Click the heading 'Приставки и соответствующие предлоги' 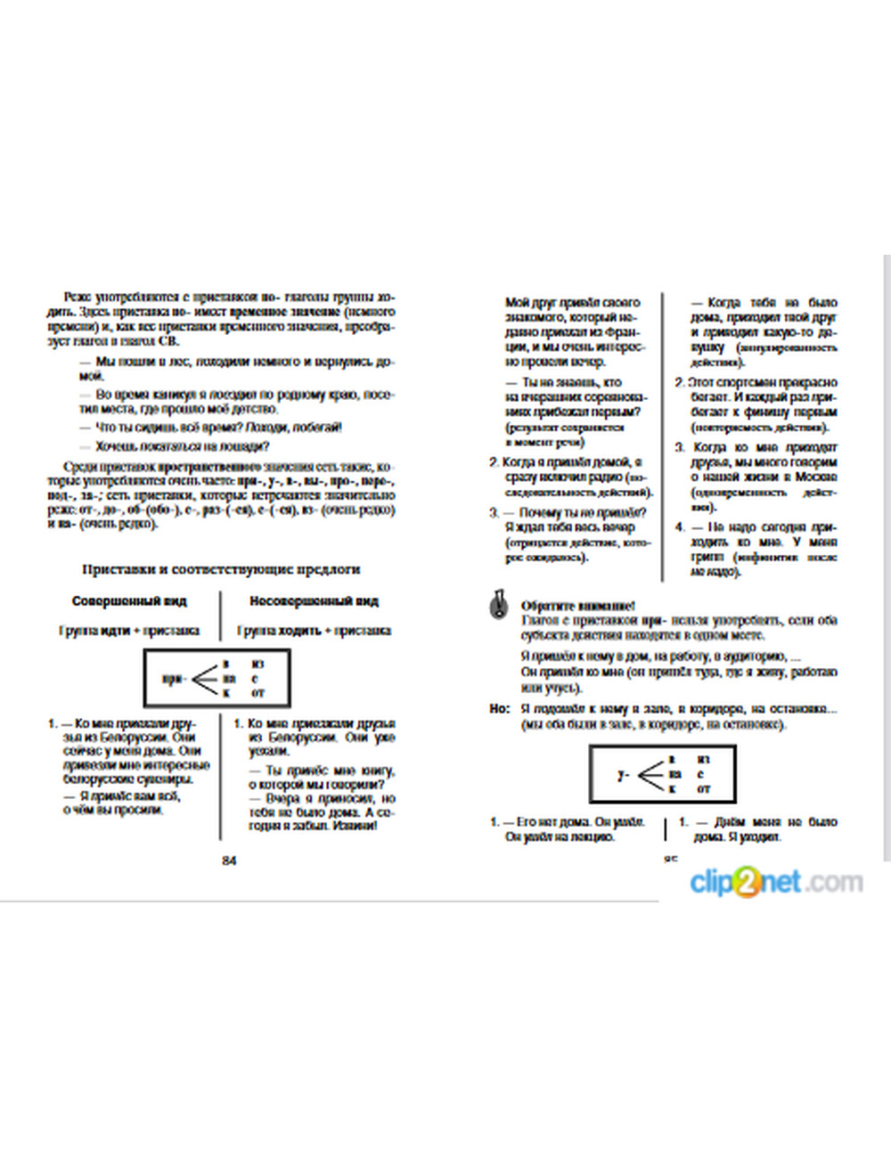pos(221,569)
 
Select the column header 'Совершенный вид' pos(129,601)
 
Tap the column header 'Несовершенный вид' pos(314,601)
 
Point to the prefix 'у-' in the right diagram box pos(623,774)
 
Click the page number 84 pos(229,860)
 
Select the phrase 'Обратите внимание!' pos(577,606)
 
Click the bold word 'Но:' pos(499,709)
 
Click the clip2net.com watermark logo pos(776,882)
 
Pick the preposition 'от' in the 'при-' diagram pos(258,692)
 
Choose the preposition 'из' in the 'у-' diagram pos(703,760)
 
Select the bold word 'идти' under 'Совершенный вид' pos(115,631)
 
